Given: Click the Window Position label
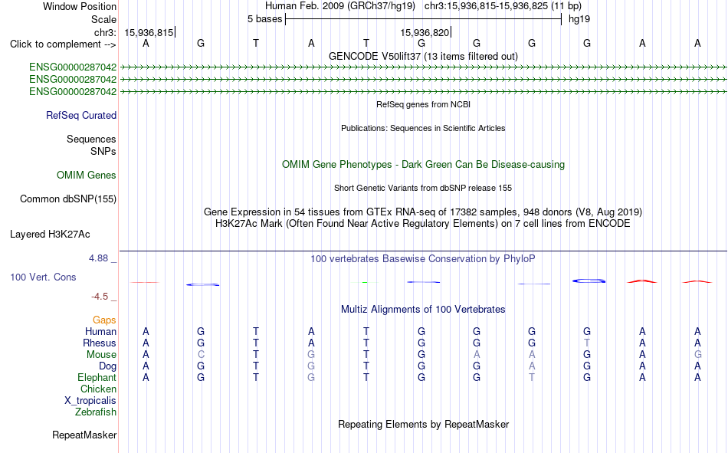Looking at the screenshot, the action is [80, 6].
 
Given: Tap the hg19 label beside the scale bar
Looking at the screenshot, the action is [579, 19].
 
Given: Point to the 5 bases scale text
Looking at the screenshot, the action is [264, 19].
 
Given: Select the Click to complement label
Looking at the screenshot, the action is [63, 44].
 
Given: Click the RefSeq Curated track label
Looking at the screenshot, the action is [81, 115].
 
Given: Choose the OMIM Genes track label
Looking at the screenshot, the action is [87, 176].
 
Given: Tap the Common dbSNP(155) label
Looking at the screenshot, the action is [68, 199].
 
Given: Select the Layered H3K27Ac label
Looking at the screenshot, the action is [50, 235].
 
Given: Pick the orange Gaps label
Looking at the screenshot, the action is [104, 320].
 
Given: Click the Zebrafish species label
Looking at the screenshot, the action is [96, 412].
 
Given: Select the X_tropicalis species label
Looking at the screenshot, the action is [90, 401].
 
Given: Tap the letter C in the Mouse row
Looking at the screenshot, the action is [201, 354].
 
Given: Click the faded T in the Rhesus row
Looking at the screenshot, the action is [587, 343].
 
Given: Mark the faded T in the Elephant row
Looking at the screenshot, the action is [532, 378].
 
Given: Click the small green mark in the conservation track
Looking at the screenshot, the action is [365, 283].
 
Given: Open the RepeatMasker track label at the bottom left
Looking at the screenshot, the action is [84, 435].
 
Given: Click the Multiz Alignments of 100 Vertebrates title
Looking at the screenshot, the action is [423, 310].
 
